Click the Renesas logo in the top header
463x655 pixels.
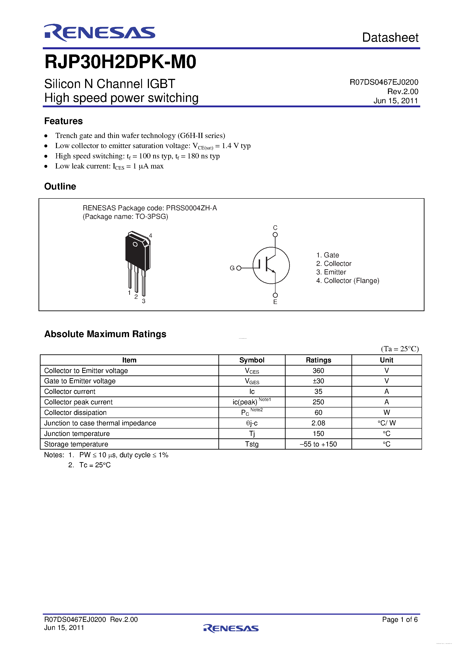[99, 32]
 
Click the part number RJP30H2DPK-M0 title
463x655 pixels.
[120, 62]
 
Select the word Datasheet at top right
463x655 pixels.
[390, 38]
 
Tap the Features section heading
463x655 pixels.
[63, 121]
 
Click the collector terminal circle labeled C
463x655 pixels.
[275, 235]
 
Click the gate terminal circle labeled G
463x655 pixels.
[239, 268]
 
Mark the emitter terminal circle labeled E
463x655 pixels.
[275, 295]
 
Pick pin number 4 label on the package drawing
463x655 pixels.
[151, 236]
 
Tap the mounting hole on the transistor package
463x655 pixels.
[135, 244]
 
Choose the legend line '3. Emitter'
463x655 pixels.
[331, 272]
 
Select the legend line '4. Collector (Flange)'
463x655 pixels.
[347, 281]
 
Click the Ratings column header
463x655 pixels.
[318, 360]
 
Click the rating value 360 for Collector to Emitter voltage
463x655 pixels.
[318, 371]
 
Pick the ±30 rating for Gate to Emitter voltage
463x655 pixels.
[318, 381]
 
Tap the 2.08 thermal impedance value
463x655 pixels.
[318, 423]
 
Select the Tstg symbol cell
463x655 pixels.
[252, 444]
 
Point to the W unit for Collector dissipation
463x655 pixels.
[387, 413]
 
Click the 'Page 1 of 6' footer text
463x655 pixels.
[400, 619]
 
